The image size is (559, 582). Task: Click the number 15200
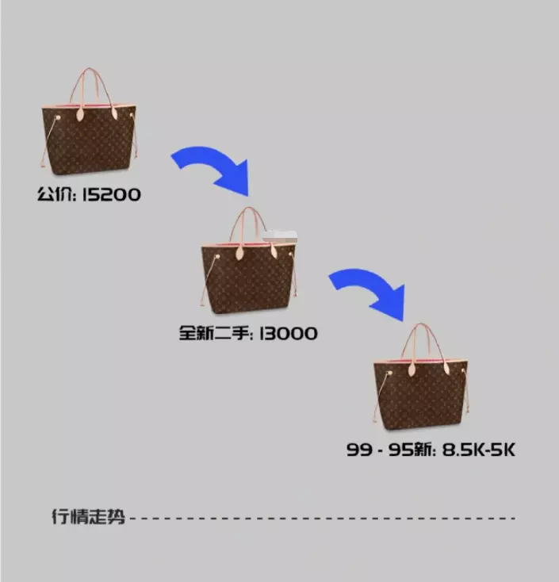(111, 194)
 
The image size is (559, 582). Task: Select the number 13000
(289, 333)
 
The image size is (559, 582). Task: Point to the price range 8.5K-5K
(479, 450)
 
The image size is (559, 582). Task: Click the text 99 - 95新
(389, 450)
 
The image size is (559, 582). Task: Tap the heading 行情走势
(88, 517)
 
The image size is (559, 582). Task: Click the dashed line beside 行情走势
(323, 518)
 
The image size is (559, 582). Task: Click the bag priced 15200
(89, 121)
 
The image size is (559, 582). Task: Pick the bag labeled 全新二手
(249, 261)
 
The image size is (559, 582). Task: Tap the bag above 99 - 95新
(420, 377)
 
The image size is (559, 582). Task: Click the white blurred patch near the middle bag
(280, 235)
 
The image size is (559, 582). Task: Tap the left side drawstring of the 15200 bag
(49, 141)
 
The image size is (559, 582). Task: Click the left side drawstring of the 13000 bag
(209, 279)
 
